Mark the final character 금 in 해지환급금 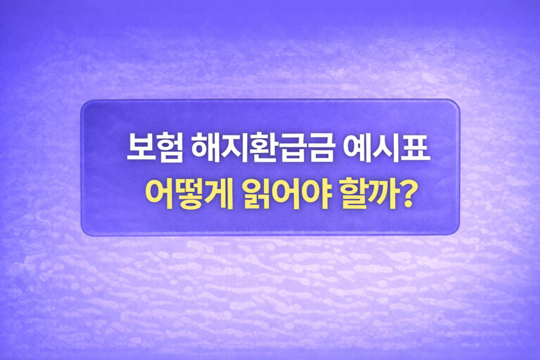321,148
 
